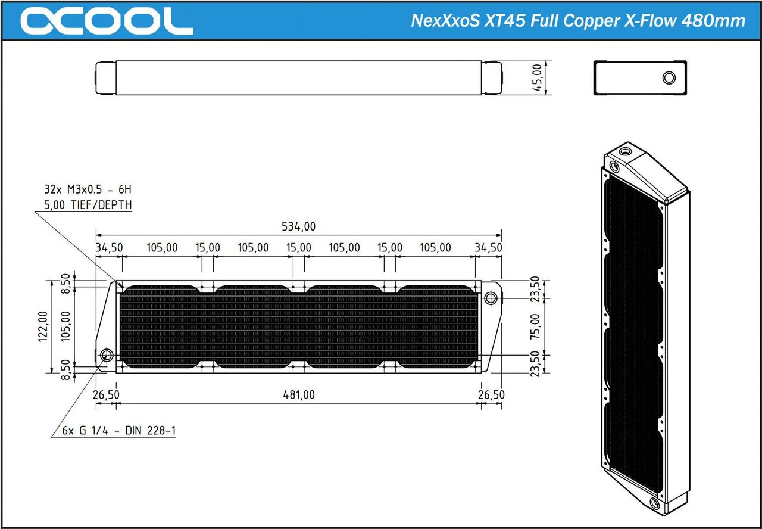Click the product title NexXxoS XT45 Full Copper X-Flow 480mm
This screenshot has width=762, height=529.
click(578, 21)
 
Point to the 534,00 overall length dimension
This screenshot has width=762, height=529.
click(298, 226)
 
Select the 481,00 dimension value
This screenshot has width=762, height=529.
click(298, 394)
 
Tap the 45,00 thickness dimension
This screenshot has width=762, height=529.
click(538, 77)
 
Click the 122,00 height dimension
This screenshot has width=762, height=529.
click(43, 326)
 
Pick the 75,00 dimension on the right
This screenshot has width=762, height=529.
click(535, 326)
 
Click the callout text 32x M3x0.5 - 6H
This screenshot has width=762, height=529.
click(87, 190)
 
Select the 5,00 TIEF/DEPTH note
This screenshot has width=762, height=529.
click(88, 205)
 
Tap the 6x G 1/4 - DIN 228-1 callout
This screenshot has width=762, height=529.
click(119, 431)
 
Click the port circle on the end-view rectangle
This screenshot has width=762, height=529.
click(669, 78)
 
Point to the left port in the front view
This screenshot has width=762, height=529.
click(107, 356)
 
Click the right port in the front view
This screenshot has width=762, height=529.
click(491, 297)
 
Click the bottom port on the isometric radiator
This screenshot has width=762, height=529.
click(655, 505)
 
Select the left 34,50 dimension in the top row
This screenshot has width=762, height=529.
click(108, 247)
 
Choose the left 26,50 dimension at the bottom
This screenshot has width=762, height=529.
click(106, 394)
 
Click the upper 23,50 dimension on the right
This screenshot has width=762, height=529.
click(535, 289)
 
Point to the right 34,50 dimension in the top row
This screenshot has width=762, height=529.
click(488, 247)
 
